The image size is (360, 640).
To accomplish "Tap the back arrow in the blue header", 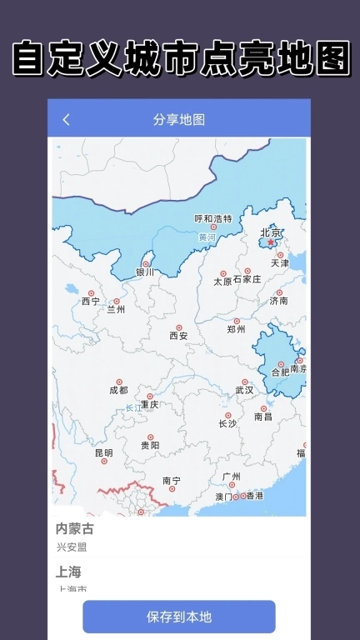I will (x=67, y=120).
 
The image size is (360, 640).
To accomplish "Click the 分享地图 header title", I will (x=179, y=120).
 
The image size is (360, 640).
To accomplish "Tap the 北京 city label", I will (x=271, y=233).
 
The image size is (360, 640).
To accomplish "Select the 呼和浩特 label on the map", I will (x=213, y=219).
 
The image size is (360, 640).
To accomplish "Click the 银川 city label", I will (x=146, y=272).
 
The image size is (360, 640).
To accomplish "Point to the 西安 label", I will (x=179, y=336).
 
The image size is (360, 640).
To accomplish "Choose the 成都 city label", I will (x=118, y=390).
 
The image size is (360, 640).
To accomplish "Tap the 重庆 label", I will (x=149, y=404).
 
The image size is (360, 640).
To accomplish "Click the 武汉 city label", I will (x=244, y=390).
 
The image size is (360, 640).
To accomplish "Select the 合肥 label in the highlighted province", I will (x=281, y=372).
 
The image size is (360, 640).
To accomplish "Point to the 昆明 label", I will (x=103, y=453).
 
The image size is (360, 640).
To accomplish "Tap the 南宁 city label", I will (x=172, y=481).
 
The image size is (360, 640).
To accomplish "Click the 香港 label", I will (x=252, y=496).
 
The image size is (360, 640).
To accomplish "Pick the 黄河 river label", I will (x=207, y=237).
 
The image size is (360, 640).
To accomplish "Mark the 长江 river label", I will (x=134, y=407).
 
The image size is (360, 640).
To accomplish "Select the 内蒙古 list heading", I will (x=75, y=529).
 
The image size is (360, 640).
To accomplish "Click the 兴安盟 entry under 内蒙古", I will (x=72, y=547).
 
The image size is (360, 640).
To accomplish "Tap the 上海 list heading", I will (x=68, y=572).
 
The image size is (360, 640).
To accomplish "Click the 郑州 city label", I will (x=237, y=329).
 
